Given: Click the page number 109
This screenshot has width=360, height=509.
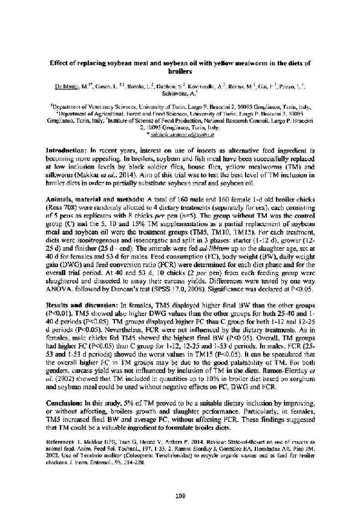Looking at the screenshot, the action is [x=179, y=480].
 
